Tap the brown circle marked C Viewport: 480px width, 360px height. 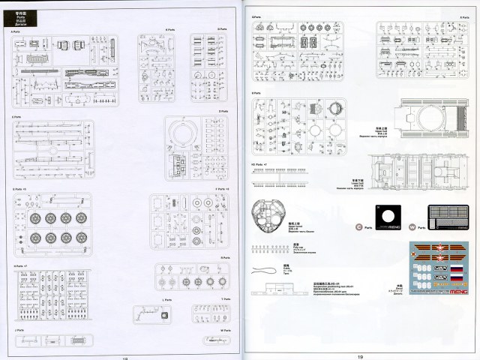[358, 224]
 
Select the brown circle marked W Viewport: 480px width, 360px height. [410, 224]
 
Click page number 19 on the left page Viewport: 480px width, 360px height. [124, 357]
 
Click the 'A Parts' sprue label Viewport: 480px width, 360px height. [16, 31]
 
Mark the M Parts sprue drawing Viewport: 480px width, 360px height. [210, 339]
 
